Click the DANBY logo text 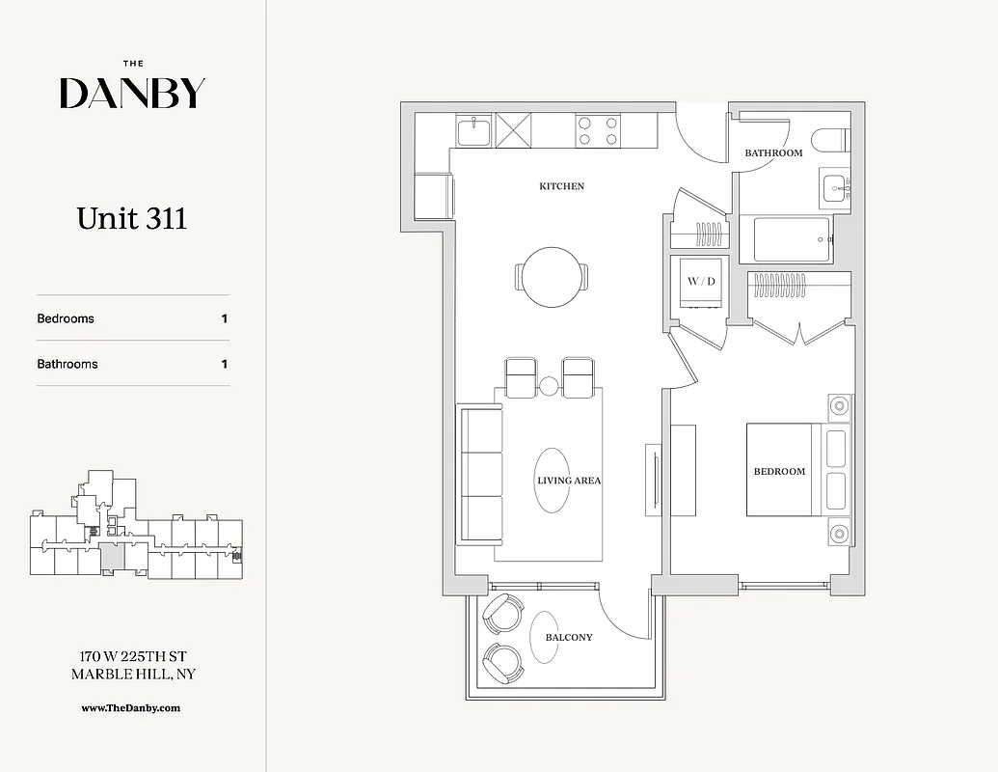[132, 93]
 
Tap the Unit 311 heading [132, 218]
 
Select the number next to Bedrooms [225, 318]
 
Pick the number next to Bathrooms [225, 364]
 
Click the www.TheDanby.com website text [131, 707]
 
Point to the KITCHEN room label [561, 186]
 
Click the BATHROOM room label [773, 153]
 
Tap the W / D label [701, 281]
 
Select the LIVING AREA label [569, 480]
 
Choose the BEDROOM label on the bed [779, 471]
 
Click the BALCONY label [569, 637]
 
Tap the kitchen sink [474, 130]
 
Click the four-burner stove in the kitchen [597, 131]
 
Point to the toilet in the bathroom [830, 141]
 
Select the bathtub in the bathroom [792, 239]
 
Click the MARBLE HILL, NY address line [133, 674]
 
